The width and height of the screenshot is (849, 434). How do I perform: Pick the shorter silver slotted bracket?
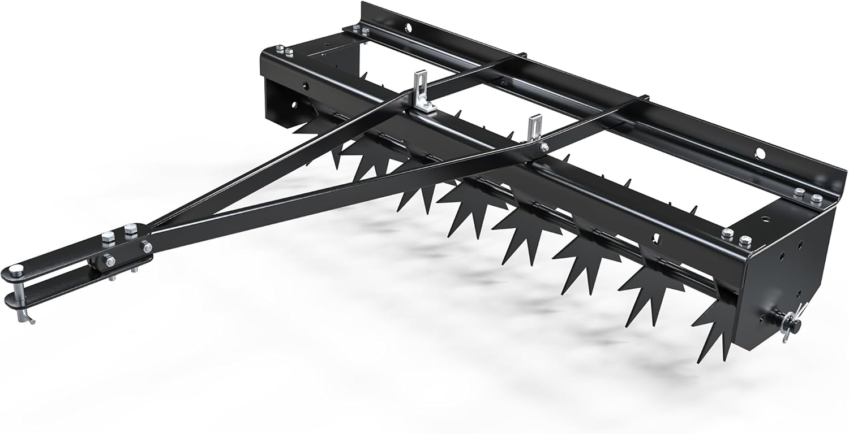[x=534, y=130]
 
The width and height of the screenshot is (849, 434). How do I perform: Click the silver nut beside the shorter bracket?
[x=544, y=147]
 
